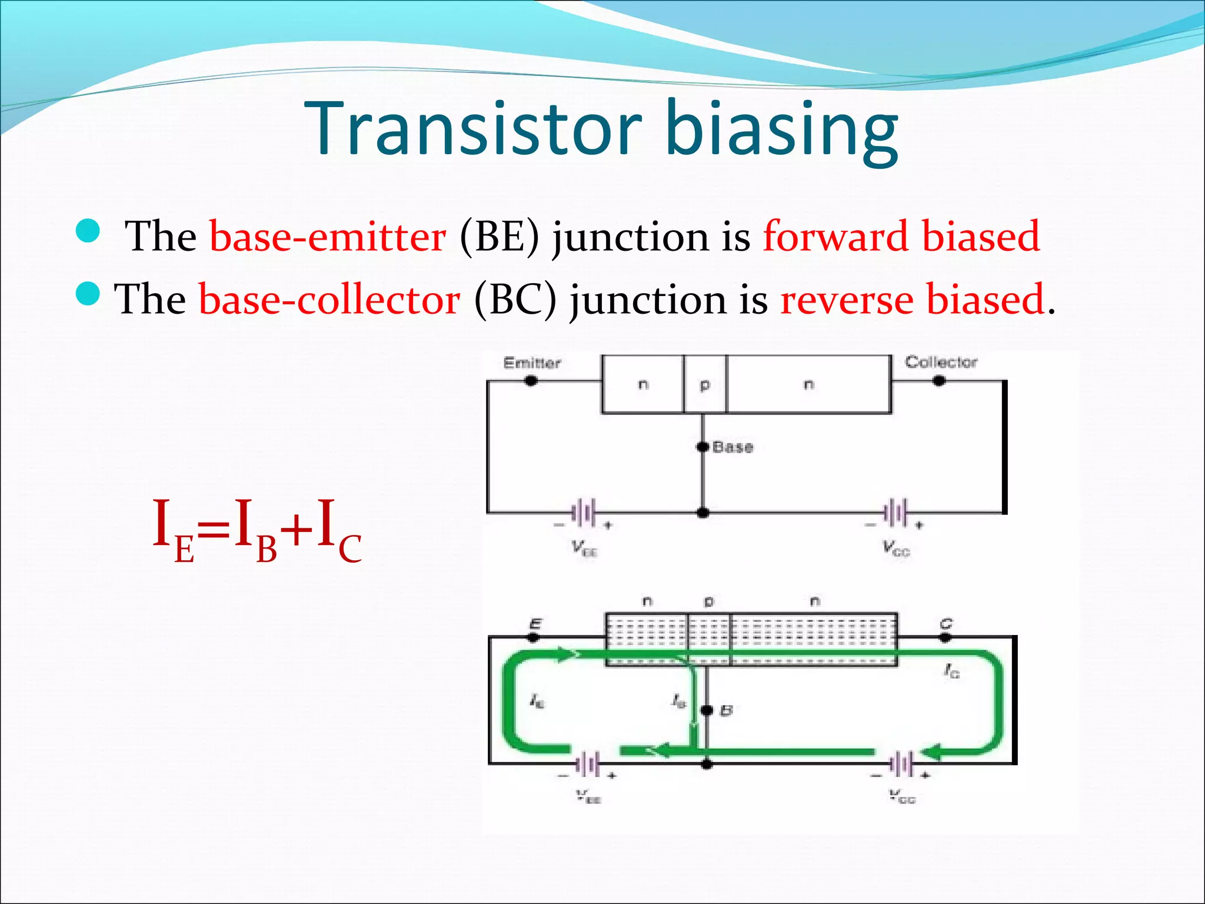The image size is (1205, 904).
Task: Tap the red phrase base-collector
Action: pyautogui.click(x=329, y=300)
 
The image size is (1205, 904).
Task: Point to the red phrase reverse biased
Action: pyautogui.click(x=911, y=300)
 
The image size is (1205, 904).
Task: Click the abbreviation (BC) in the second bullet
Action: pyautogui.click(x=515, y=300)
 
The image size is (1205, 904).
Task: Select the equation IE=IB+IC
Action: pyautogui.click(x=257, y=530)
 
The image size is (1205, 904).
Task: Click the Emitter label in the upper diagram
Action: pyautogui.click(x=532, y=363)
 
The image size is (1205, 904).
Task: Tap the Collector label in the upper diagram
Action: pyautogui.click(x=940, y=362)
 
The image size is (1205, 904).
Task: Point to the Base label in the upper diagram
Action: pyautogui.click(x=733, y=447)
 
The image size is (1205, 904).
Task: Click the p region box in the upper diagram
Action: pyautogui.click(x=705, y=384)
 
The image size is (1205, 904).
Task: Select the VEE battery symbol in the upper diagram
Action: pyautogui.click(x=584, y=513)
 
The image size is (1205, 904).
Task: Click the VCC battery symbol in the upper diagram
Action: pyautogui.click(x=896, y=513)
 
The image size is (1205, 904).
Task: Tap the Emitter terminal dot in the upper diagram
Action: pyautogui.click(x=531, y=381)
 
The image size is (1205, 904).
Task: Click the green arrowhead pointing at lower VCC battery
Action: pyautogui.click(x=931, y=752)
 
